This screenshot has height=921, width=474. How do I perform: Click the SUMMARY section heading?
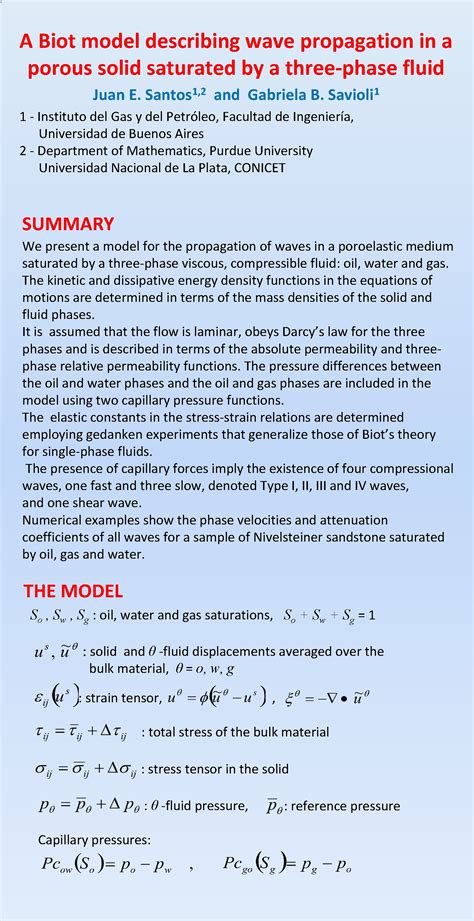[x=68, y=224]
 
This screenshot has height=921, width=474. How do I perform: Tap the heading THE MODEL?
[x=72, y=590]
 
